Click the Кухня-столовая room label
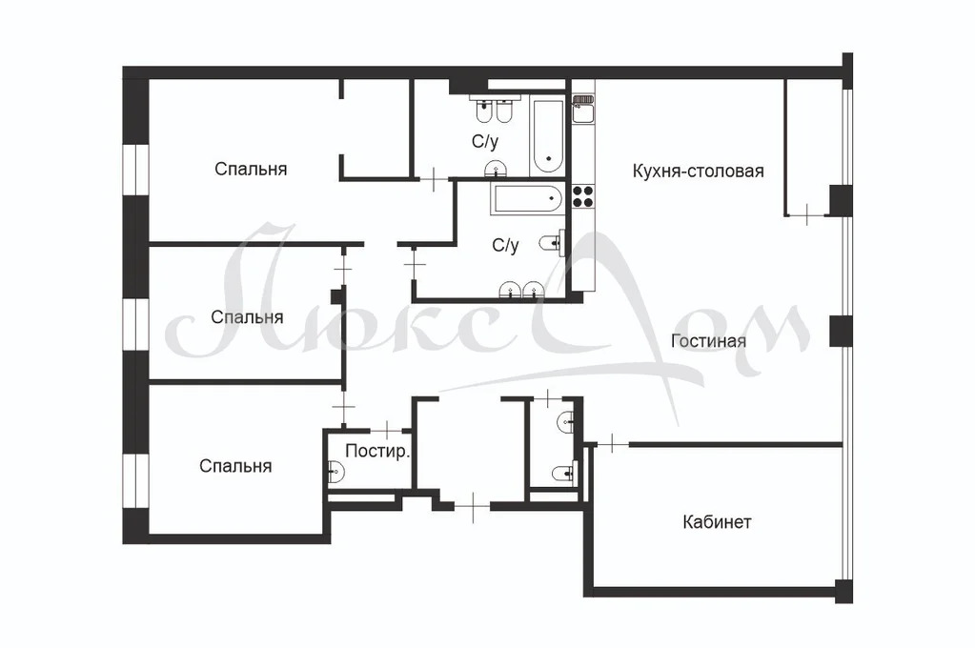tap(699, 172)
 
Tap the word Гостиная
tap(708, 341)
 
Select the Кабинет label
tap(717, 522)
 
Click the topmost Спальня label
tap(251, 170)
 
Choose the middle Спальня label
tap(247, 316)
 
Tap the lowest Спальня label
tap(235, 466)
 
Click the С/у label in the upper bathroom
tap(485, 142)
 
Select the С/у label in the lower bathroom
tap(505, 246)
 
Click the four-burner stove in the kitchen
tap(581, 196)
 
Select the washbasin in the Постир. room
tap(335, 469)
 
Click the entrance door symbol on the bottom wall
tap(473, 506)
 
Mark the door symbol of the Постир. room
tap(386, 428)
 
